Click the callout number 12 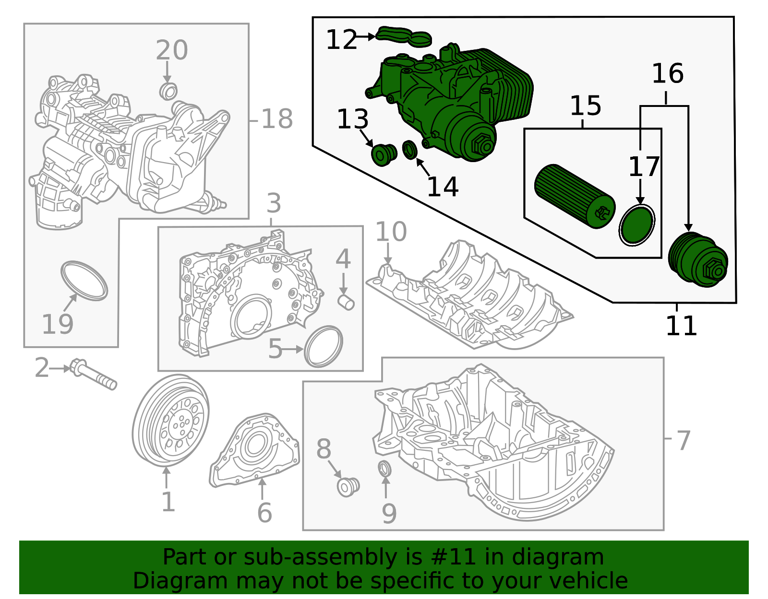[x=341, y=40]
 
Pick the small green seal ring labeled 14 [x=409, y=150]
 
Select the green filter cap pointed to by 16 [x=697, y=260]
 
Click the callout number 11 [x=681, y=326]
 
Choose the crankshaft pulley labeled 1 [x=170, y=421]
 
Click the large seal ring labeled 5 [x=324, y=346]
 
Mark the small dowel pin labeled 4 [x=347, y=302]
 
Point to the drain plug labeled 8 [x=348, y=487]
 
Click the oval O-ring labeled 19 [x=84, y=281]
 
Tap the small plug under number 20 [x=168, y=91]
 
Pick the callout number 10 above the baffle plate [x=391, y=232]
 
